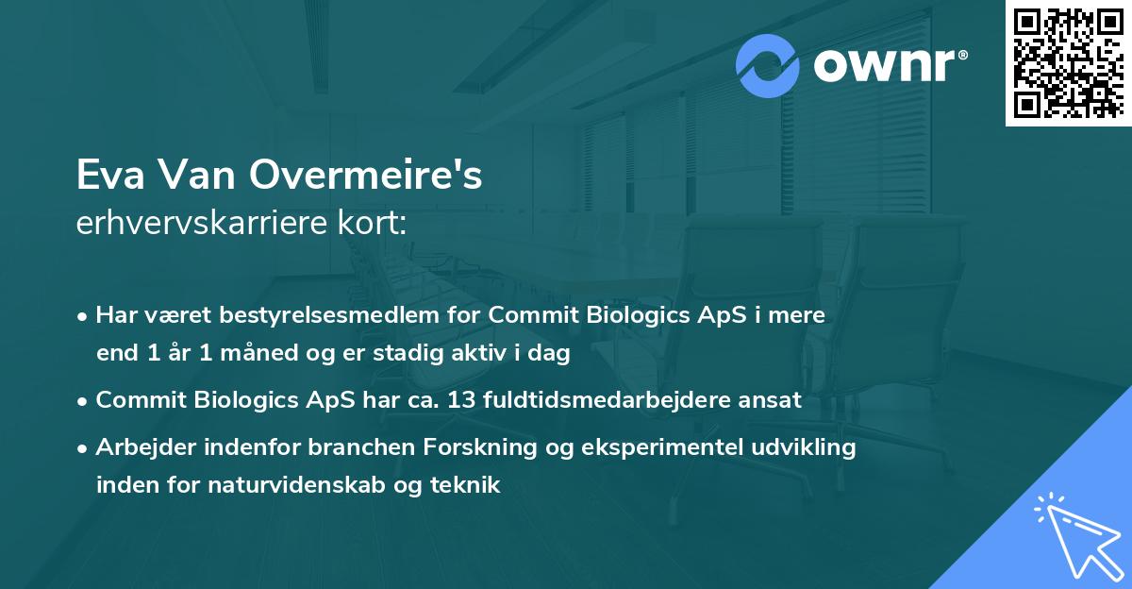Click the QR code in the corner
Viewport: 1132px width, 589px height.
pos(1068,62)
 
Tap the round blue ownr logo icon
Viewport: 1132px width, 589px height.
pos(768,66)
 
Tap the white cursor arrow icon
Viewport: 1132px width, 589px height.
pos(1075,532)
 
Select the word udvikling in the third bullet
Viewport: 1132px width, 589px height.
pos(811,447)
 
